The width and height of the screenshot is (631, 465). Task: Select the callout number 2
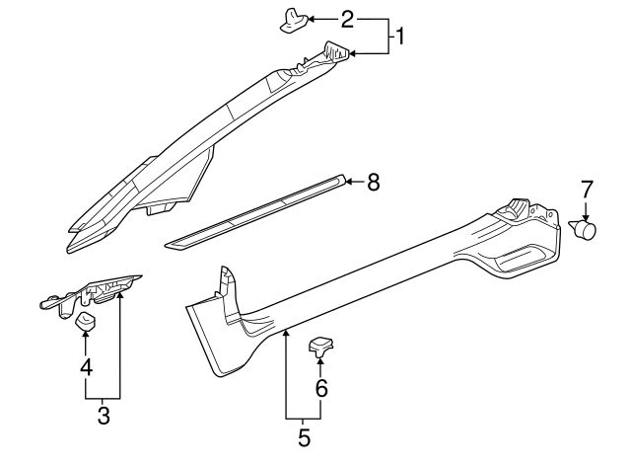click(347, 19)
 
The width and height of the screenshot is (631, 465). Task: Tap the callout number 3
click(104, 416)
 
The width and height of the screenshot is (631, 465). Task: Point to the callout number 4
click(87, 368)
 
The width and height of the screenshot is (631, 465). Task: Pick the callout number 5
click(304, 433)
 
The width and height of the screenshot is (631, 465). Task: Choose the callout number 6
click(321, 388)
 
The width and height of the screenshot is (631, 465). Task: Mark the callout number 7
click(587, 188)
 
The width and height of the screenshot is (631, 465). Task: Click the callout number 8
click(374, 182)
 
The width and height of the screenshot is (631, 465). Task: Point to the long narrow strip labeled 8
click(256, 211)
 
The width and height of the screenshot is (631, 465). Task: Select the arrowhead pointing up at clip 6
click(321, 363)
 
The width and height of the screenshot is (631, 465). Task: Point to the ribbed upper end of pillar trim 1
click(335, 53)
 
